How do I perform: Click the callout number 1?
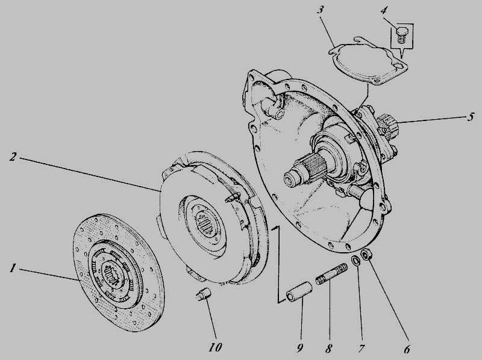[x=12, y=268]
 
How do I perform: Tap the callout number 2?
[x=13, y=157]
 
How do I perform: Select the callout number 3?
[x=321, y=9]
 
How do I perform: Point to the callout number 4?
[x=384, y=10]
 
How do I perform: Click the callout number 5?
[x=471, y=117]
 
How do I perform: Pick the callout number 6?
[x=407, y=349]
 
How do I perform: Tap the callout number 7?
[x=361, y=349]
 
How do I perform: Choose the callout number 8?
[x=328, y=349]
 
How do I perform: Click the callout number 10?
[x=215, y=347]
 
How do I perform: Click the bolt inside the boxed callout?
[x=400, y=35]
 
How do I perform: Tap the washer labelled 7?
[x=355, y=261]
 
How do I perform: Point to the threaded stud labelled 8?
[x=331, y=273]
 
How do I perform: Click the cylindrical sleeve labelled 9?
[x=299, y=291]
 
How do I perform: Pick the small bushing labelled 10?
[x=204, y=293]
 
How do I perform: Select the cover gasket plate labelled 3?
[x=368, y=61]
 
